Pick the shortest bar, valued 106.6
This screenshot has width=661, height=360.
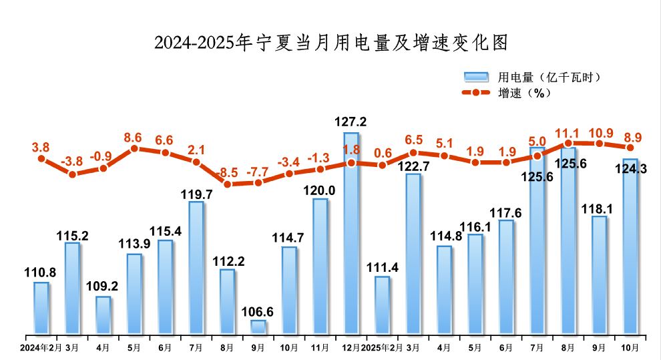tap(258, 327)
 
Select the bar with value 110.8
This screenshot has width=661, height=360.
tap(41, 308)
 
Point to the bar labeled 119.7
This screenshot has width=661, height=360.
tap(196, 267)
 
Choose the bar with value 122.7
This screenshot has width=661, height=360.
tap(413, 254)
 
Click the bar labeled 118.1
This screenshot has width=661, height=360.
tap(599, 275)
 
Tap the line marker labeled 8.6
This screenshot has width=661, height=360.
tap(134, 148)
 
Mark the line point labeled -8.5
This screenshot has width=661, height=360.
tap(227, 184)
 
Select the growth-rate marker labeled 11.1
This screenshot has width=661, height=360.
tap(568, 143)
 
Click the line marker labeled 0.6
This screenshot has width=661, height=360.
tap(382, 164)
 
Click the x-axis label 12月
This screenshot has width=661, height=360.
tap(351, 348)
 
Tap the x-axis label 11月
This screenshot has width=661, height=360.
tap(320, 348)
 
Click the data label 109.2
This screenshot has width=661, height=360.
tap(103, 286)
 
